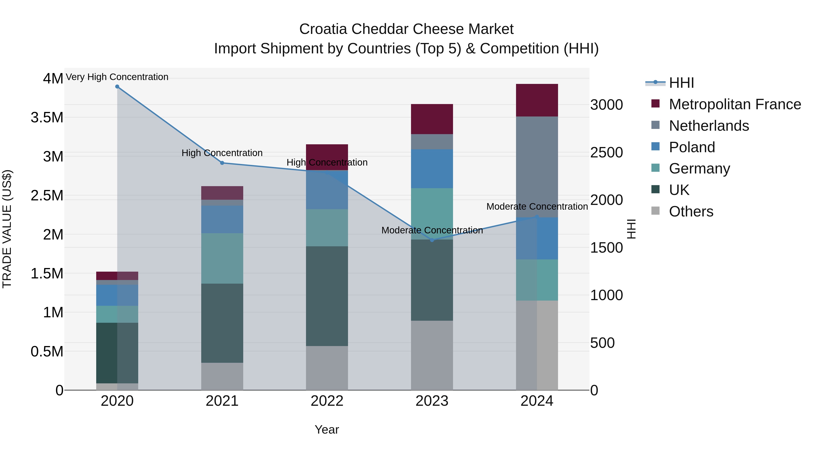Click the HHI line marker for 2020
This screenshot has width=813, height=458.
click(117, 87)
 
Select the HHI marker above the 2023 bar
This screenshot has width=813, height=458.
click(432, 240)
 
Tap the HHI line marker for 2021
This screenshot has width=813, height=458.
click(222, 163)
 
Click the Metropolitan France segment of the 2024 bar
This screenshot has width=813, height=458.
click(537, 100)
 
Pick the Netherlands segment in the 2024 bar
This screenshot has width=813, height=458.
click(537, 167)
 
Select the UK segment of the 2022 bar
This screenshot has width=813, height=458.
click(327, 296)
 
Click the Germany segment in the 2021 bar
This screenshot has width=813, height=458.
click(222, 258)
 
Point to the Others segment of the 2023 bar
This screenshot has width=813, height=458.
click(432, 355)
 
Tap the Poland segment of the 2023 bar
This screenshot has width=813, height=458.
click(432, 169)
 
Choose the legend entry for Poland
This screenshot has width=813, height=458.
click(692, 147)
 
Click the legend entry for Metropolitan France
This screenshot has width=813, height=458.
click(734, 104)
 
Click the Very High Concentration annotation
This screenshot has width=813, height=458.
click(117, 77)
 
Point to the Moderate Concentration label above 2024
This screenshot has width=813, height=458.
click(537, 206)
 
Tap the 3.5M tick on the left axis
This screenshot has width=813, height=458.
click(47, 118)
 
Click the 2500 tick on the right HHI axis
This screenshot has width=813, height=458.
click(606, 153)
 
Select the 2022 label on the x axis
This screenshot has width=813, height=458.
click(327, 401)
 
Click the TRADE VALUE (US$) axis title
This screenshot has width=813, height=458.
click(7, 229)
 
